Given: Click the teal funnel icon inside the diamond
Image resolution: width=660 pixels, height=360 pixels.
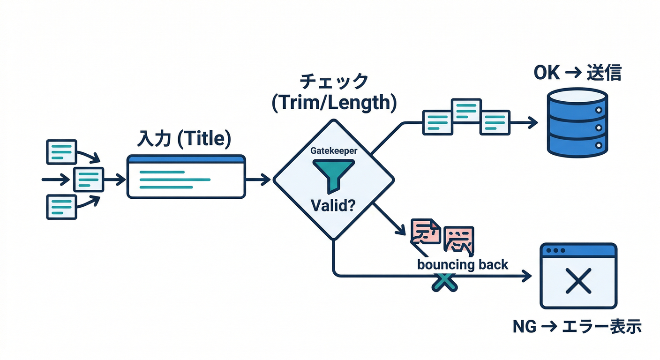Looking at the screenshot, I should pyautogui.click(x=333, y=174).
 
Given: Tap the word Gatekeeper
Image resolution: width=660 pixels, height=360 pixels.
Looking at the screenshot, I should pyautogui.click(x=333, y=151).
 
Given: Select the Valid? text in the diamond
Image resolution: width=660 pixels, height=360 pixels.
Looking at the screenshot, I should pyautogui.click(x=333, y=205).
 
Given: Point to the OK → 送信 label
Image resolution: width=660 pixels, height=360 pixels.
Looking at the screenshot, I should pyautogui.click(x=577, y=74).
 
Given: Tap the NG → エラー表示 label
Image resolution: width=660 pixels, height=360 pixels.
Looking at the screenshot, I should pyautogui.click(x=577, y=326).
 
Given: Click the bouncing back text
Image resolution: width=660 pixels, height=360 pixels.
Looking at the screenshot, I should pyautogui.click(x=462, y=264).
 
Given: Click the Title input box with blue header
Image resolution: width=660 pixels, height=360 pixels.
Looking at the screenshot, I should pyautogui.click(x=186, y=177).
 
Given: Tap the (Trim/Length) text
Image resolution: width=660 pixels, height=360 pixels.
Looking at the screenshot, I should pyautogui.click(x=333, y=103).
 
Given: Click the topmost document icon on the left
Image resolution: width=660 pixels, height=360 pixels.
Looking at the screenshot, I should pyautogui.click(x=61, y=151).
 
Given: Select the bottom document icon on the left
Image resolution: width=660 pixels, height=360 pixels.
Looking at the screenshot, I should pyautogui.click(x=61, y=207).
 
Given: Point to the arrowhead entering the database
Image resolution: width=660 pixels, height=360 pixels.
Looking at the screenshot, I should pyautogui.click(x=532, y=123).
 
